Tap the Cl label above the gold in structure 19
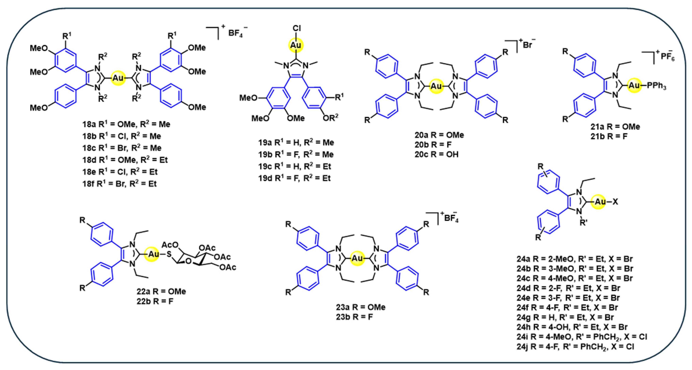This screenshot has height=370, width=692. [x=297, y=28]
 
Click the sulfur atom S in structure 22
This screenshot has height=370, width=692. [x=169, y=254]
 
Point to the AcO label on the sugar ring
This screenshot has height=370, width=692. [x=170, y=245]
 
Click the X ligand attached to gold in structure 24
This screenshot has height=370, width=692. [x=615, y=202]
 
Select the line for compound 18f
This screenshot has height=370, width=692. [x=119, y=184]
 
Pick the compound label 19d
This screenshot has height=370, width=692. [x=265, y=178]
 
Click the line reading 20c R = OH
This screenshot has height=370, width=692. [x=437, y=154]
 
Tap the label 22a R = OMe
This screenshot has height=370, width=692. [x=161, y=291]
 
